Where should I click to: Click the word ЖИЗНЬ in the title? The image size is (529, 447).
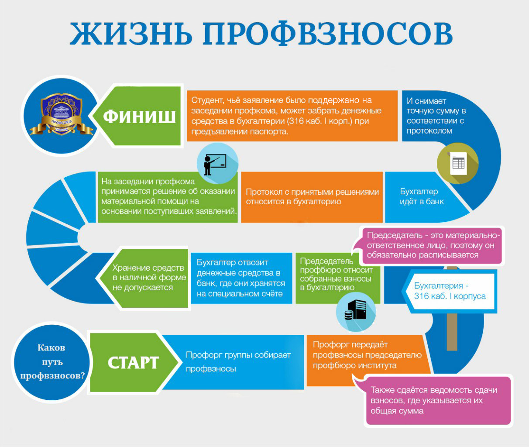[x=131, y=34]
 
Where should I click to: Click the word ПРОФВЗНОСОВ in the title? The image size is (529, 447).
[x=327, y=34]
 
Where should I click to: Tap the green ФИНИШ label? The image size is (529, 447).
[x=139, y=116]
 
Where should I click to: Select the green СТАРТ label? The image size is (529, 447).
[x=134, y=362]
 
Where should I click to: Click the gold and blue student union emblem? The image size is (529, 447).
[x=61, y=114]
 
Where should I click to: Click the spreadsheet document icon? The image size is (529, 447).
[x=458, y=163]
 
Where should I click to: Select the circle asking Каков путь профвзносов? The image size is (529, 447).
[x=52, y=362]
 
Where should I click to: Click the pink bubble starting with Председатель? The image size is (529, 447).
[x=432, y=245]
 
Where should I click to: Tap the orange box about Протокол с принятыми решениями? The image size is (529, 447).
[x=312, y=197]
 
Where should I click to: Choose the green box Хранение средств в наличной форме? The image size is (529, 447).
[x=144, y=278]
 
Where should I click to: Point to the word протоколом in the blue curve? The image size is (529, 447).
[x=429, y=131]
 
